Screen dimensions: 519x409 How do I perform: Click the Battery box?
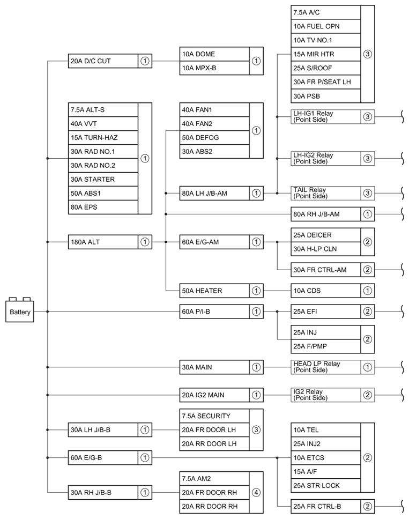click(20, 312)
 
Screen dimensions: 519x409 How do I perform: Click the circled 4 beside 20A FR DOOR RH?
click(256, 492)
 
